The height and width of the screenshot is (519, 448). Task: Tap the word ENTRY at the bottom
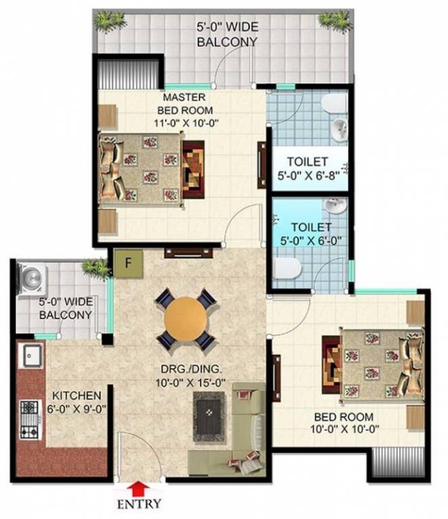pos(140,503)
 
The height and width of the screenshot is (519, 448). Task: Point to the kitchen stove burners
pos(30,420)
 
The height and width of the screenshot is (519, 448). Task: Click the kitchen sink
pos(31,354)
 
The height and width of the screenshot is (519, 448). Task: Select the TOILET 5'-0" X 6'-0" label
pos(307,233)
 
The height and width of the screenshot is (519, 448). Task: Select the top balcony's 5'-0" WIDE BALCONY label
pos(226,35)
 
